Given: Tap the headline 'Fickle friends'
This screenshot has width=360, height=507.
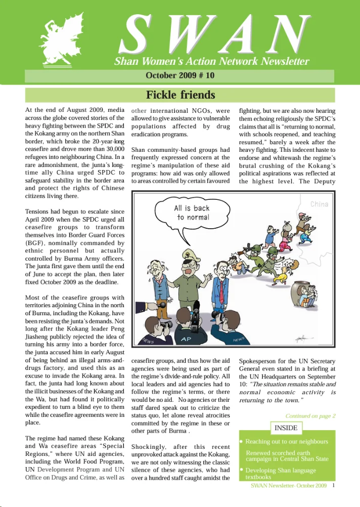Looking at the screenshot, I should click(x=180, y=95).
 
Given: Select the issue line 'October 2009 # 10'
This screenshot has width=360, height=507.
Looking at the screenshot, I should click(x=180, y=76).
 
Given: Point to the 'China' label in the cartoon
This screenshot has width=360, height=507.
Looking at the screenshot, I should click(x=319, y=204).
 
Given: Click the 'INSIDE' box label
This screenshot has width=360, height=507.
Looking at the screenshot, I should click(x=286, y=428).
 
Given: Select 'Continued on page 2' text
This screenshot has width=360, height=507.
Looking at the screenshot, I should click(x=310, y=416).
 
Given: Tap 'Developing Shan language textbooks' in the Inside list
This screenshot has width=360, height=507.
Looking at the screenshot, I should click(x=283, y=474).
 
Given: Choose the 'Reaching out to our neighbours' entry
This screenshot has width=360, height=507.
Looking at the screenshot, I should click(x=286, y=442).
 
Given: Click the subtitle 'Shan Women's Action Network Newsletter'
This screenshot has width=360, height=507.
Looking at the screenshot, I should click(x=211, y=62).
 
